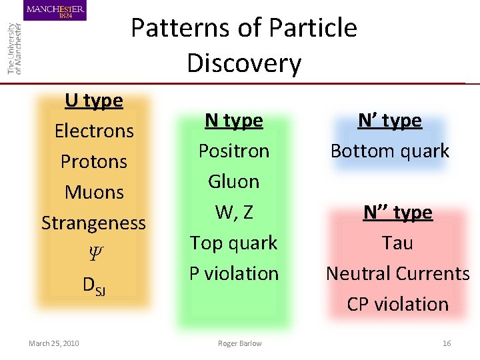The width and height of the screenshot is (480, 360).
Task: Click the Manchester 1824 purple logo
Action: coord(56,11)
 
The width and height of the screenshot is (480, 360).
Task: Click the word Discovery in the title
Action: coord(244,63)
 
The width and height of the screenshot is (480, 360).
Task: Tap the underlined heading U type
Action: coord(94,101)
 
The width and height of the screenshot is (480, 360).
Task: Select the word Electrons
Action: coord(94,131)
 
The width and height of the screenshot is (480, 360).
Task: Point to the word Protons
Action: coord(94,161)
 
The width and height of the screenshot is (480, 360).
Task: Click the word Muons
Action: coord(94,192)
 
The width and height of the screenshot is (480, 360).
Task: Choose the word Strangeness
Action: coord(94,223)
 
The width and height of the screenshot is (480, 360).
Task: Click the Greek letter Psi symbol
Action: coord(94,253)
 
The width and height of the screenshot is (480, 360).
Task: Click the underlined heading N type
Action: coord(234,121)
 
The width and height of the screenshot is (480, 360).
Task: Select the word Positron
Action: coord(234,151)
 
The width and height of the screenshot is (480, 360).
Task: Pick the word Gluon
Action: coord(234,181)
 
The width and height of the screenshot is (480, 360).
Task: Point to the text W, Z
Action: coord(234,212)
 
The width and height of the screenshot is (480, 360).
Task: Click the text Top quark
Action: coord(234,243)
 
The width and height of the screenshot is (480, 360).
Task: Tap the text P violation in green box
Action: coord(234,273)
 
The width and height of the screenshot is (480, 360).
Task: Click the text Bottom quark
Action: coord(390,151)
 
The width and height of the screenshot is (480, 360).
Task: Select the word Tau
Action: coord(397,243)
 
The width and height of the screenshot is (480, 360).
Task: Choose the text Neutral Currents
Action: coord(397,273)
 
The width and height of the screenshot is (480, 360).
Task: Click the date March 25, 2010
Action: coord(54,343)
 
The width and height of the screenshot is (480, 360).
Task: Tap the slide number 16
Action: coord(447,343)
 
